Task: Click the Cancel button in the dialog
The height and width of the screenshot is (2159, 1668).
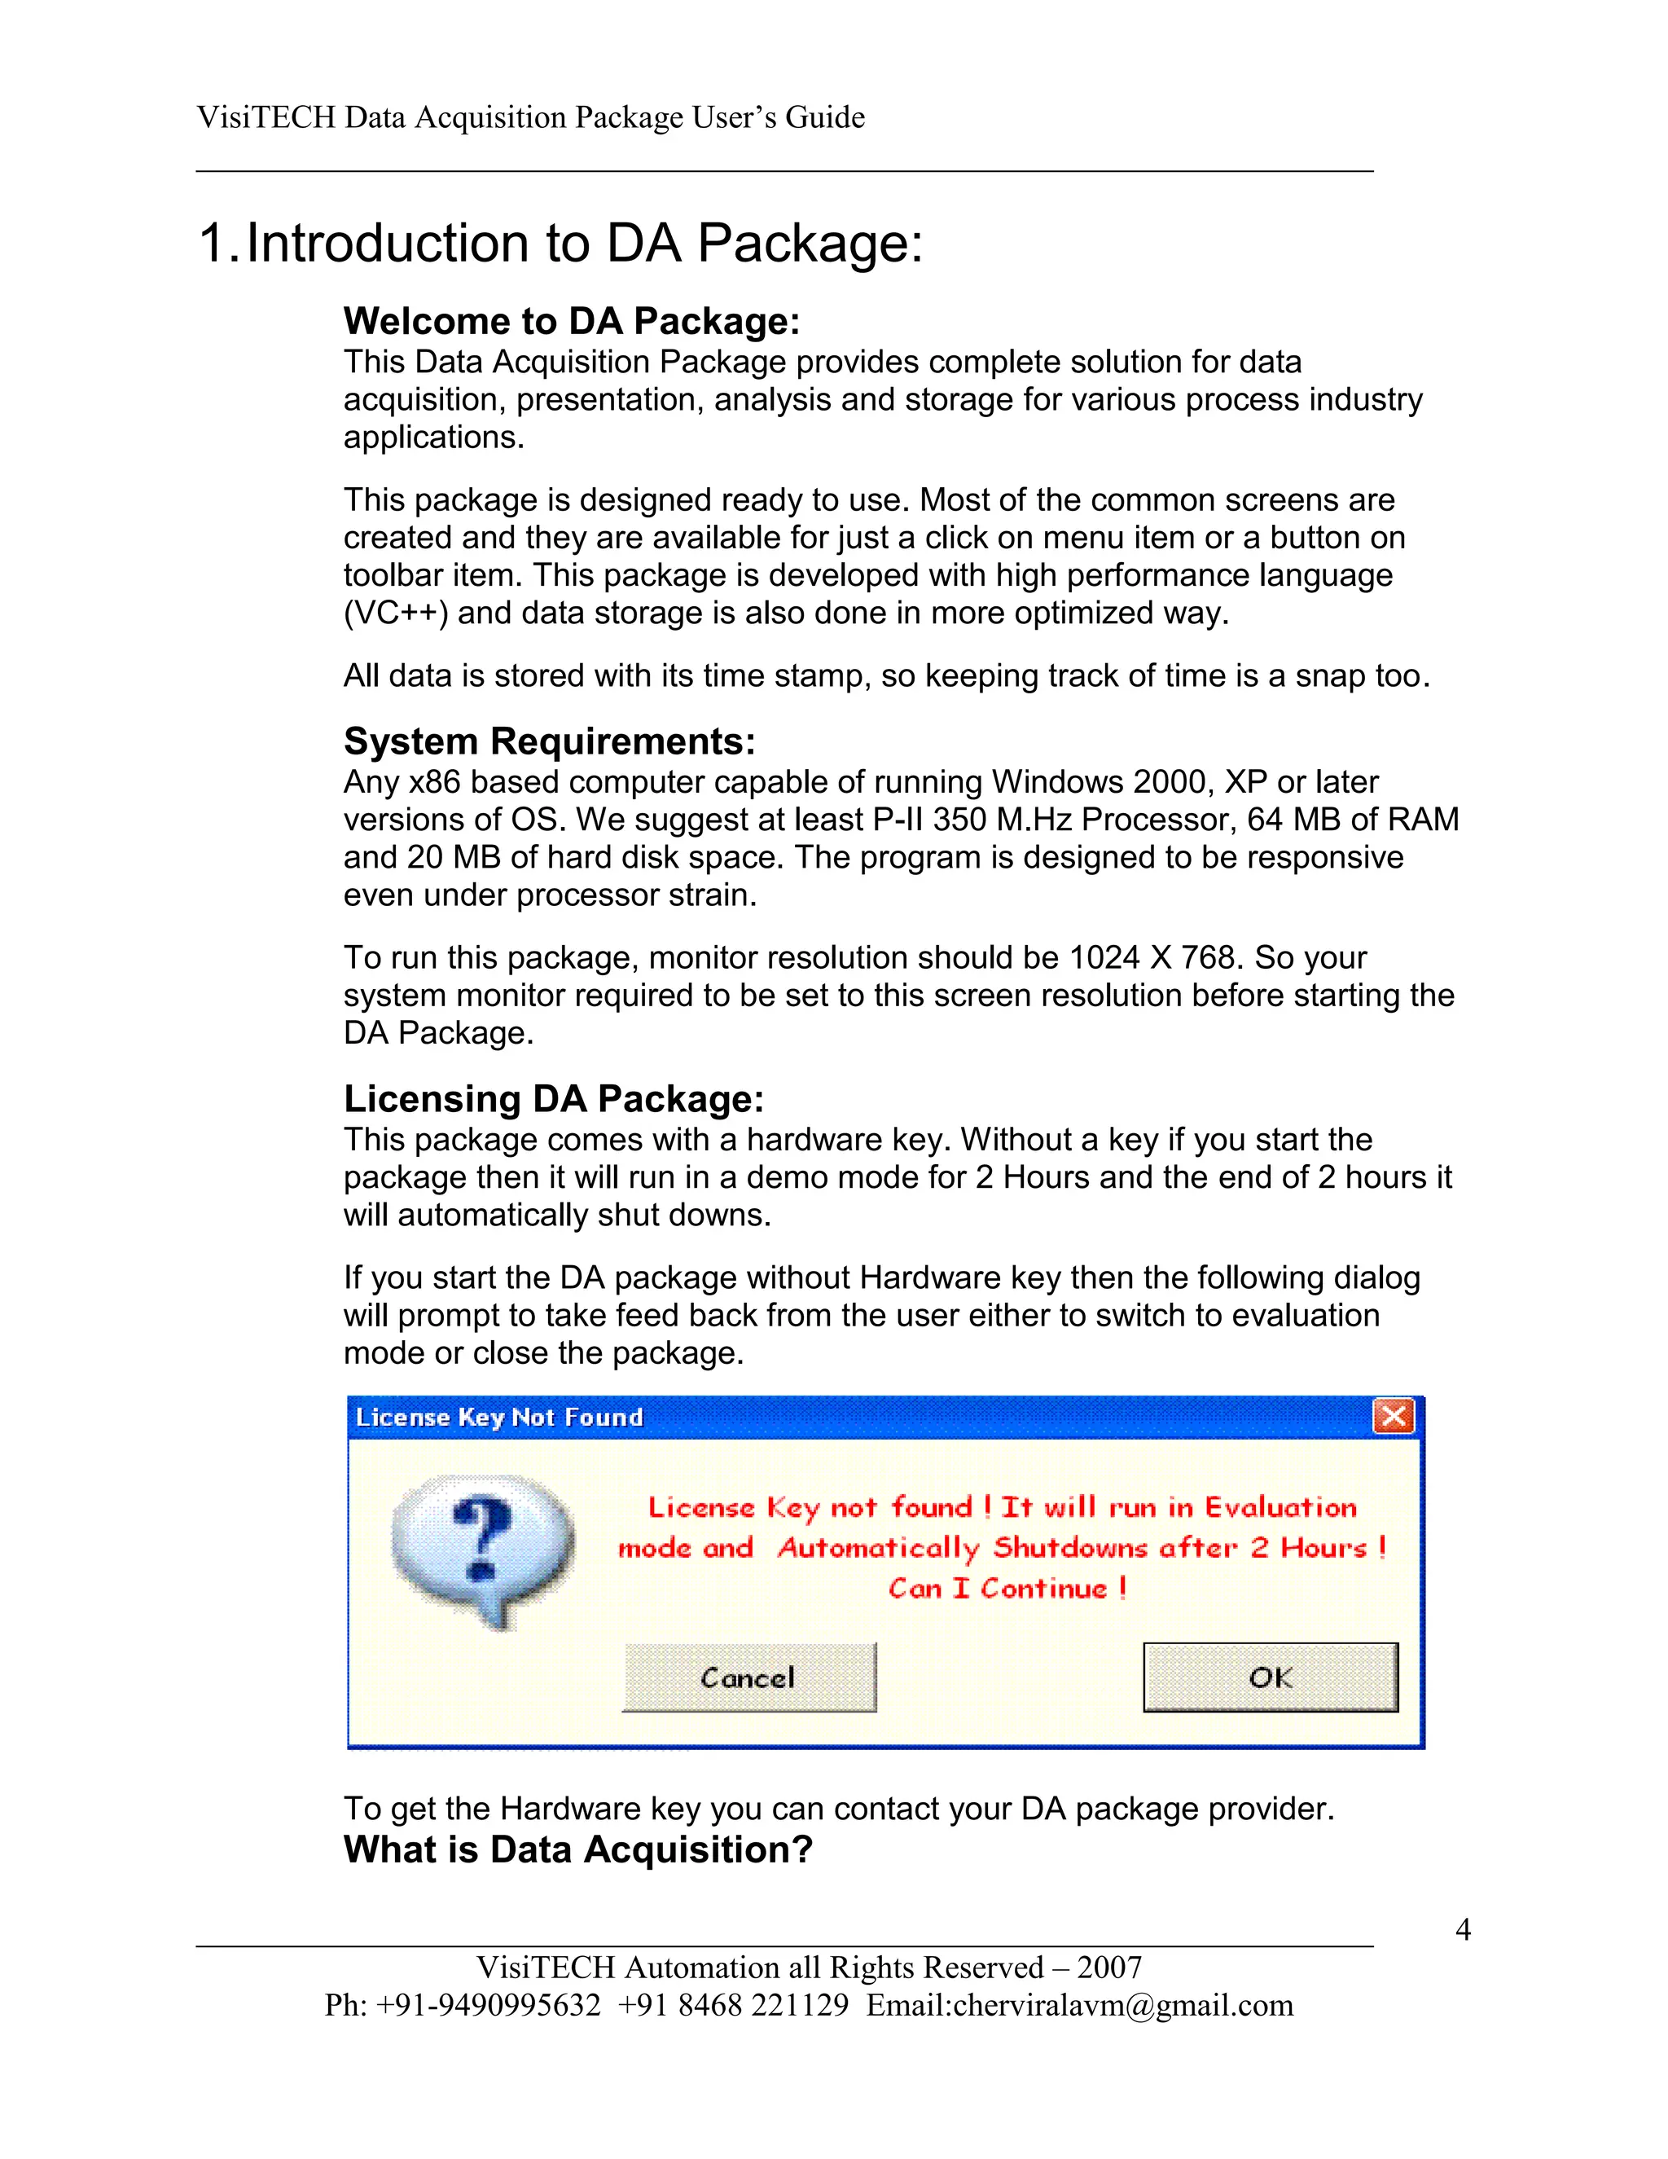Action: pos(748,1678)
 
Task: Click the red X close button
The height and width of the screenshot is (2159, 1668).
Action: pos(1394,1417)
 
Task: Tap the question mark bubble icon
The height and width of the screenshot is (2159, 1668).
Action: pos(482,1548)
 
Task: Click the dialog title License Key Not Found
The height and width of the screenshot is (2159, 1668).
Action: pos(499,1418)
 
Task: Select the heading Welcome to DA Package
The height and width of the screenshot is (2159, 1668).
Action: pos(571,321)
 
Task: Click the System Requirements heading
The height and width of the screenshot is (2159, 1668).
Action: pos(550,741)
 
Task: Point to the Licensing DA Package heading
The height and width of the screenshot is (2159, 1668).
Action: pos(553,1099)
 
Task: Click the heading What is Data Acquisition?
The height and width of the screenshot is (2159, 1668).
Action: pos(578,1849)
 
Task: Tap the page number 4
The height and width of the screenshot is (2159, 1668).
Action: pos(1464,1928)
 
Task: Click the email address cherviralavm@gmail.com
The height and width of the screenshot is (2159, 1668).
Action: pos(1122,2005)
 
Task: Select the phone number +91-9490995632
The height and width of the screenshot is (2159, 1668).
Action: pos(488,2005)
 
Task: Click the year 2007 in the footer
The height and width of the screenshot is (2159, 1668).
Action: pos(1110,1968)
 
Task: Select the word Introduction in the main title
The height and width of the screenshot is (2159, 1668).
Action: pos(388,243)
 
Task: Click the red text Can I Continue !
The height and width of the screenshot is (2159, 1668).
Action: pos(1007,1589)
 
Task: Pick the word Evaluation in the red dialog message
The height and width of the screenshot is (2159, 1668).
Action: pos(1280,1507)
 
